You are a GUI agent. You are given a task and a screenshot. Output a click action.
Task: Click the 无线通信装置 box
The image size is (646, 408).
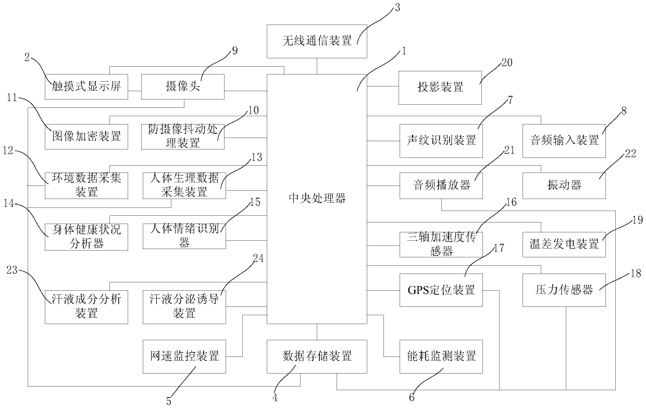317,41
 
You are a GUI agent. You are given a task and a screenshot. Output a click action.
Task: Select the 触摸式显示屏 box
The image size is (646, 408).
86,87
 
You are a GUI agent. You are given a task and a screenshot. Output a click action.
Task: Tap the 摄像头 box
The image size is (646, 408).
182,87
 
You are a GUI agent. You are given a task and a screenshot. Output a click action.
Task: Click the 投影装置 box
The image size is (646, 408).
440,88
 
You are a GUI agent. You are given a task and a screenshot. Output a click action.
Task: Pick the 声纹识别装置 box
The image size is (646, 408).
441,141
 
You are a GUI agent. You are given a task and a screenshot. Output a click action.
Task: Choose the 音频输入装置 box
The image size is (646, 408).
564,141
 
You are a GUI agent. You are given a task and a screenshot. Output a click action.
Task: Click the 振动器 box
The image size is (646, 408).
564,186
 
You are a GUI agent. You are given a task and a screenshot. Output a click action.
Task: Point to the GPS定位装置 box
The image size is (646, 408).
441,290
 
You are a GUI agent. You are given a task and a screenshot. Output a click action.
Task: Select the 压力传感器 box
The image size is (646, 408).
564,290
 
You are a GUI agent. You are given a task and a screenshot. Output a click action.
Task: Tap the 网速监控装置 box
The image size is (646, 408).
184,356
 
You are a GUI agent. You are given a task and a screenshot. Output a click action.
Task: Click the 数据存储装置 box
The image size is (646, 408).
317,356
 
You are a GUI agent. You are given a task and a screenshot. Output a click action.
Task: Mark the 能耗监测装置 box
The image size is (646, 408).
441,356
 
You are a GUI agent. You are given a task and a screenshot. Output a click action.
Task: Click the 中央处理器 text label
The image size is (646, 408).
317,199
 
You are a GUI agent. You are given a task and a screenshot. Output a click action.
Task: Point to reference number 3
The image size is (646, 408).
397,8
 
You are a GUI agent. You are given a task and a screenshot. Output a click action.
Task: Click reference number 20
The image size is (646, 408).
507,63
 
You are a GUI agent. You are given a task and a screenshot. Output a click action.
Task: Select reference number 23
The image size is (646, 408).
12,270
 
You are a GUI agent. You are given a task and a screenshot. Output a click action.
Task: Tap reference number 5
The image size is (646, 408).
169,401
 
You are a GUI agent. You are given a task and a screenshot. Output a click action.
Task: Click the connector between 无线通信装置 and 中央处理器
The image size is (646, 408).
317,66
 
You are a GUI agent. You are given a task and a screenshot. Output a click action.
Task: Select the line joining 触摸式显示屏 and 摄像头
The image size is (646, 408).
135,91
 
